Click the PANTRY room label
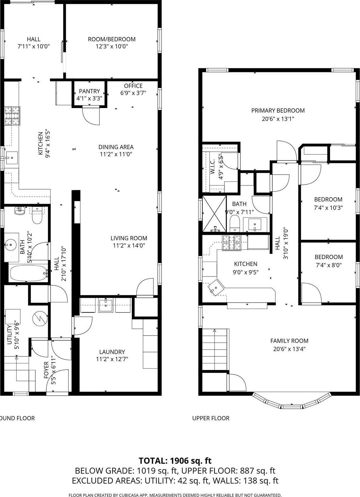tap(89, 91)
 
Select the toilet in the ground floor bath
tap(37, 216)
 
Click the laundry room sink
tap(106, 305)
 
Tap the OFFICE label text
tap(133, 86)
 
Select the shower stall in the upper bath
tap(214, 213)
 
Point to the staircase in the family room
tap(215, 350)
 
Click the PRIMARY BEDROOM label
tap(278, 110)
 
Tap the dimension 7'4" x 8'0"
tap(328, 265)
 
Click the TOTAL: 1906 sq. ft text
tap(175, 461)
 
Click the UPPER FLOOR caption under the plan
tap(211, 418)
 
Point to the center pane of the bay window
tap(292, 407)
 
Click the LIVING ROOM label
tap(129, 238)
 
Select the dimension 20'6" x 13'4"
tap(289, 349)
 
